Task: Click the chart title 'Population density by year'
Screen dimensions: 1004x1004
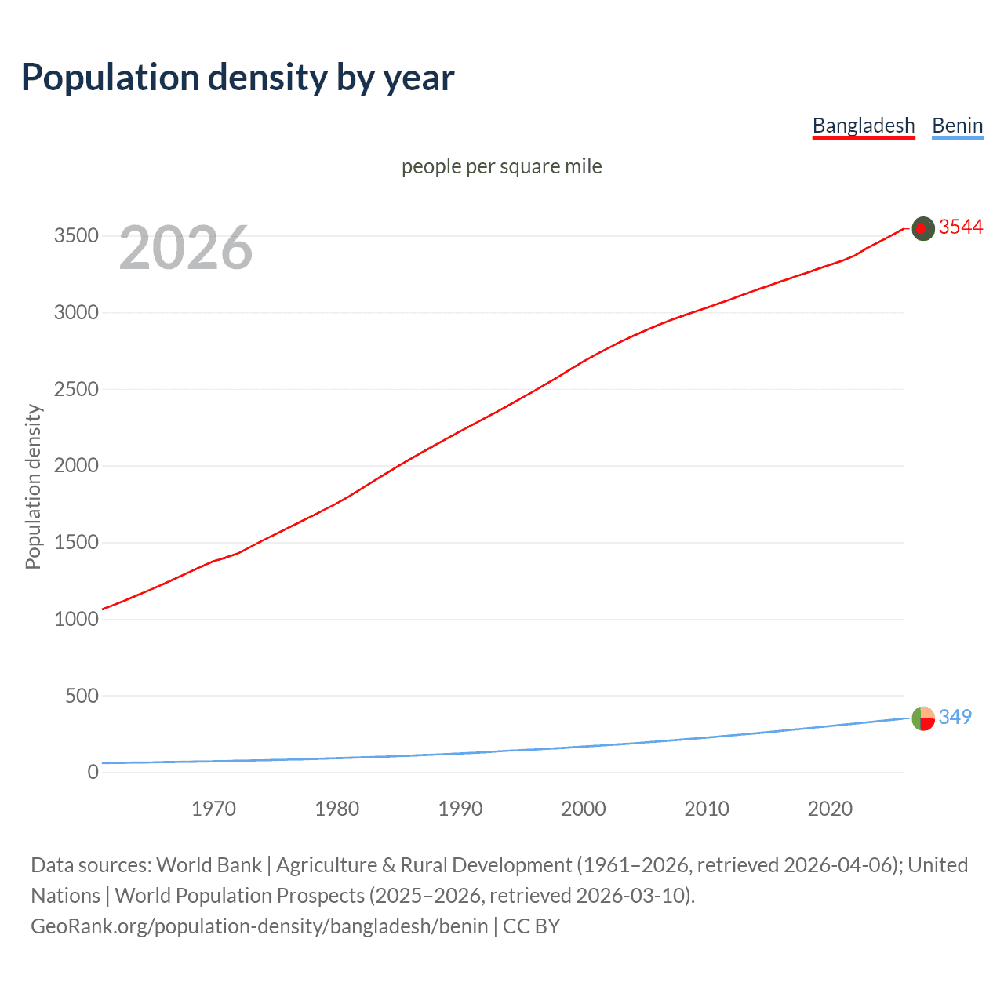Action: [238, 78]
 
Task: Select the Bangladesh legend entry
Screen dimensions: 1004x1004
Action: [863, 125]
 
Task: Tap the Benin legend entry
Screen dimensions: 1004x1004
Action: [957, 125]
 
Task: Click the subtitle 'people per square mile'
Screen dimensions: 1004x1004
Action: [501, 166]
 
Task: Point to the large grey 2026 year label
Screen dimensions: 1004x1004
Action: [186, 248]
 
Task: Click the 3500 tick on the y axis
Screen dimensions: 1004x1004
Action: [76, 236]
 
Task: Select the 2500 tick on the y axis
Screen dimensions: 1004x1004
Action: [76, 389]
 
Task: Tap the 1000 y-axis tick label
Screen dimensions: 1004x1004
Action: [76, 619]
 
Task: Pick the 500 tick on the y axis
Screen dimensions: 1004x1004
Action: [82, 696]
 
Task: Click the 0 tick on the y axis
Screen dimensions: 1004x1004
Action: [93, 772]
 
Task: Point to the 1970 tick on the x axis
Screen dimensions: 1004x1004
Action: [213, 809]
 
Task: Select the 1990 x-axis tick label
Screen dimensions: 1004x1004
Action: [460, 809]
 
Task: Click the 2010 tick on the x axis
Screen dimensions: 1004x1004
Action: [707, 809]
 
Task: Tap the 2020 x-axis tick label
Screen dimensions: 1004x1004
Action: [830, 809]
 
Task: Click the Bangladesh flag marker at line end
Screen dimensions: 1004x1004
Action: [923, 228]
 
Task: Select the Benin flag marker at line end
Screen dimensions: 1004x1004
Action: [923, 718]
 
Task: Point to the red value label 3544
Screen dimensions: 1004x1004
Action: [961, 227]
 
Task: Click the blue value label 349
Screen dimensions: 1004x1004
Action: [955, 717]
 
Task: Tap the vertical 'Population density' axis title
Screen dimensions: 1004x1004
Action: [33, 486]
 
